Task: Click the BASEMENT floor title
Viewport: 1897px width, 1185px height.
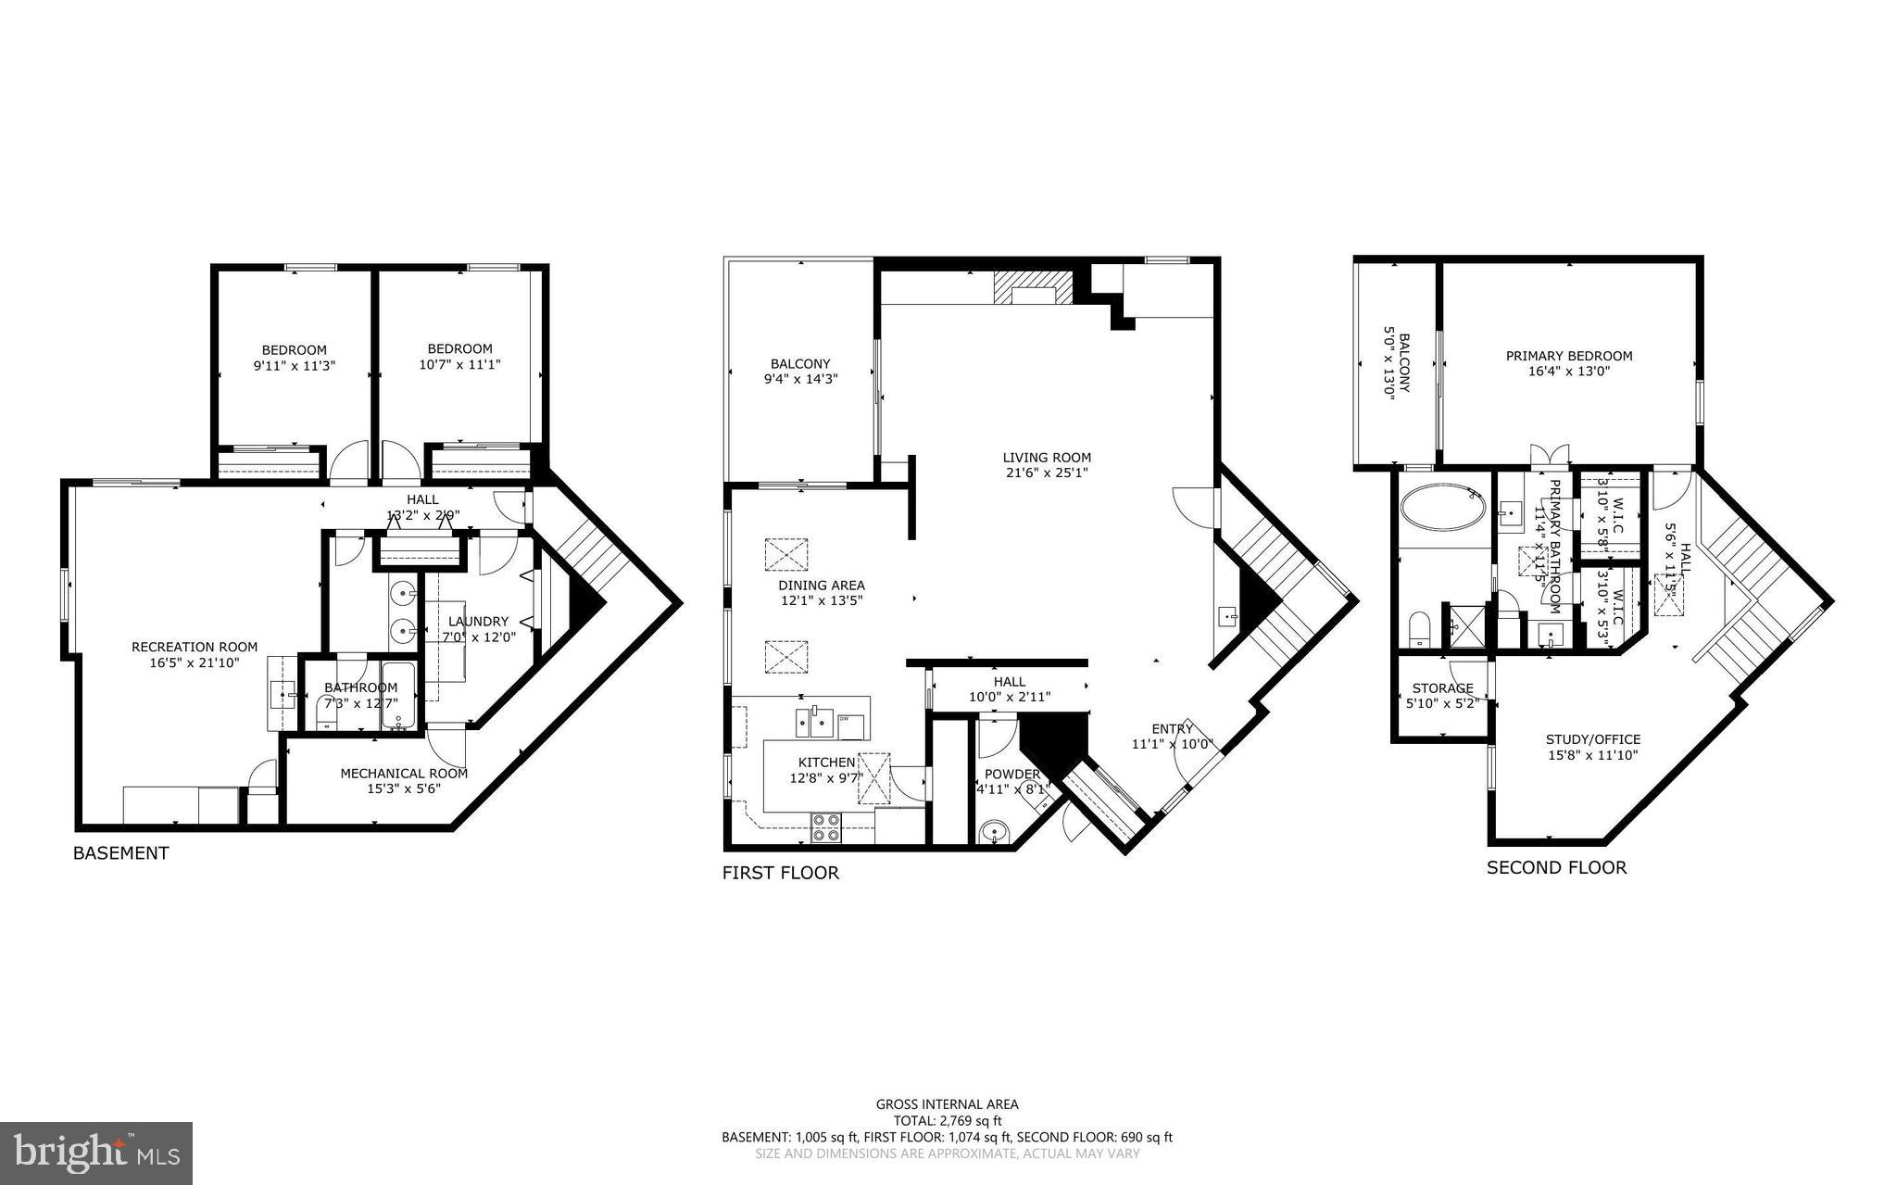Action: pos(120,853)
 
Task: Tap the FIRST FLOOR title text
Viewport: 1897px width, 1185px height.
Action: pos(780,873)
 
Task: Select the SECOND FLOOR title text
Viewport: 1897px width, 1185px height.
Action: pos(1556,867)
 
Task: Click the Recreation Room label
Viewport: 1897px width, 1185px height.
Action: pos(195,648)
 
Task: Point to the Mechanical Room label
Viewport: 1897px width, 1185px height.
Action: pos(403,774)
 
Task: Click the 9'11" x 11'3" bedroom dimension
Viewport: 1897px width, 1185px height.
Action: pos(294,366)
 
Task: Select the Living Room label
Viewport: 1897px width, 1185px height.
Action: pos(1047,458)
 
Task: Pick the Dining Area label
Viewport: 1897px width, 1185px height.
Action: pos(821,586)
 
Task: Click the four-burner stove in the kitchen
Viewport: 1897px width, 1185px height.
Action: pos(825,827)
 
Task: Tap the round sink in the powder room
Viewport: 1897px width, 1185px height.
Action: pos(995,831)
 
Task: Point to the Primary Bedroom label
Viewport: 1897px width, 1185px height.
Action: pos(1568,356)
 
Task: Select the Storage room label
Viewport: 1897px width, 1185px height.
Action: pos(1442,688)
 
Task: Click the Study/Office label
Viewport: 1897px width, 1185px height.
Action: pos(1592,739)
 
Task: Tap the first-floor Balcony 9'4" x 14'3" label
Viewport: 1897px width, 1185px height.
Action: pos(800,364)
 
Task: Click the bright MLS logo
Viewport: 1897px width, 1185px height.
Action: pos(96,1152)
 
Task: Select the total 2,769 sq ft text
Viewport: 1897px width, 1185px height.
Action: pos(947,1120)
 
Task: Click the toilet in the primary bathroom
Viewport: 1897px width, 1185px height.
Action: pos(1419,629)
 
